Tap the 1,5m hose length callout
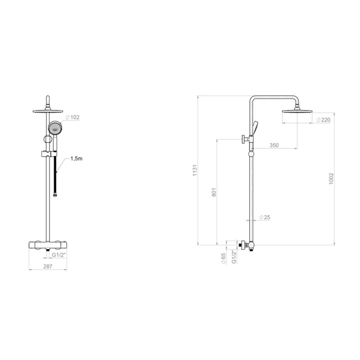click(x=76, y=158)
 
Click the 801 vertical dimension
click(x=214, y=192)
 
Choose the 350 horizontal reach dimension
click(x=274, y=145)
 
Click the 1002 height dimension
click(x=331, y=179)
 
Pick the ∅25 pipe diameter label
click(x=265, y=217)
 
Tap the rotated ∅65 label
click(x=223, y=256)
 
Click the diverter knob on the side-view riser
click(x=242, y=140)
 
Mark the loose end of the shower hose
click(x=56, y=195)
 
